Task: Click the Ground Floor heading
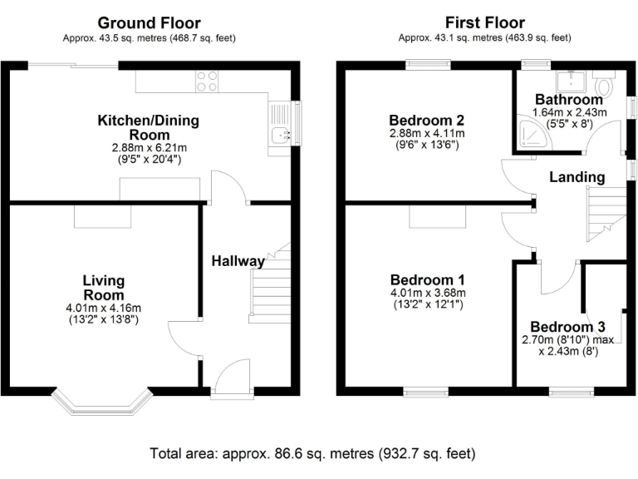[x=149, y=22]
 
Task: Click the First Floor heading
[x=485, y=22]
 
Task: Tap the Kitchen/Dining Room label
[x=149, y=127]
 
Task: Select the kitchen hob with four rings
[x=207, y=81]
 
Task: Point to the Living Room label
[x=103, y=288]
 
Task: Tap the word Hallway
[x=238, y=261]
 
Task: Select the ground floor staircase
[x=270, y=287]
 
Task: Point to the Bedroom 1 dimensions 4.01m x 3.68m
[x=427, y=293]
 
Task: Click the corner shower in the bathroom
[x=525, y=136]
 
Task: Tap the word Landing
[x=577, y=177]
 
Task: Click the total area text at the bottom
[x=312, y=454]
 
